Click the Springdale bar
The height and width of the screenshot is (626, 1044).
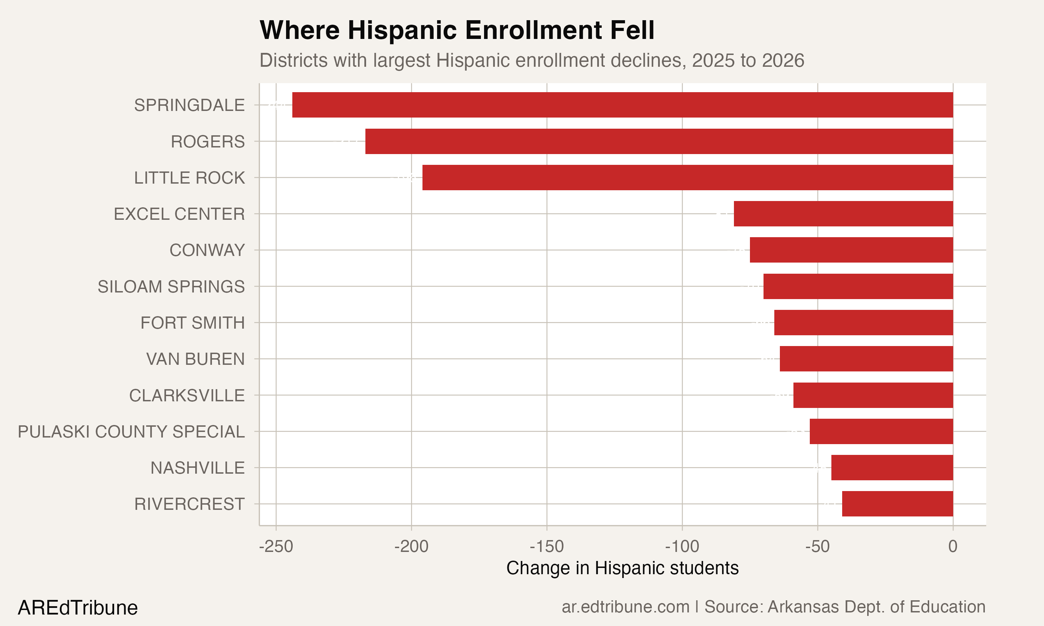click(623, 105)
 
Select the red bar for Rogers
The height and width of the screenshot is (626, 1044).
click(659, 141)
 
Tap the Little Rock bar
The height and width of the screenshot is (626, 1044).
click(687, 178)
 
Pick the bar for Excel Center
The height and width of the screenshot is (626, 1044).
click(843, 214)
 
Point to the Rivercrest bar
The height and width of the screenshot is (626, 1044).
click(897, 504)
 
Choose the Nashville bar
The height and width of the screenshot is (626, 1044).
click(892, 467)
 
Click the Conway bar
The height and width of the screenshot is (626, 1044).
click(851, 250)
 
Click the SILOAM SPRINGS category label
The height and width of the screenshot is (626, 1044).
click(171, 287)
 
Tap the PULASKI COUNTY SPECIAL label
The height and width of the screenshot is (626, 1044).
click(131, 432)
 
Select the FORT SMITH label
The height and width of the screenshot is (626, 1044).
click(192, 323)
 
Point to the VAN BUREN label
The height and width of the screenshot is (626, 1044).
click(195, 359)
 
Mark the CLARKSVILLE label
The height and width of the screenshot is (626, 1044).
click(187, 396)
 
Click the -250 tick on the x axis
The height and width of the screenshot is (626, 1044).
click(276, 547)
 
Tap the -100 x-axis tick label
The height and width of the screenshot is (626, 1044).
click(682, 547)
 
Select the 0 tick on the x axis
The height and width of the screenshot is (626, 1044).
click(952, 547)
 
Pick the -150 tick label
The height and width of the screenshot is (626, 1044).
click(546, 547)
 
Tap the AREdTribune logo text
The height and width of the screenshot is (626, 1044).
click(78, 608)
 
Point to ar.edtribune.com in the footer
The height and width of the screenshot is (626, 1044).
click(625, 607)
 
